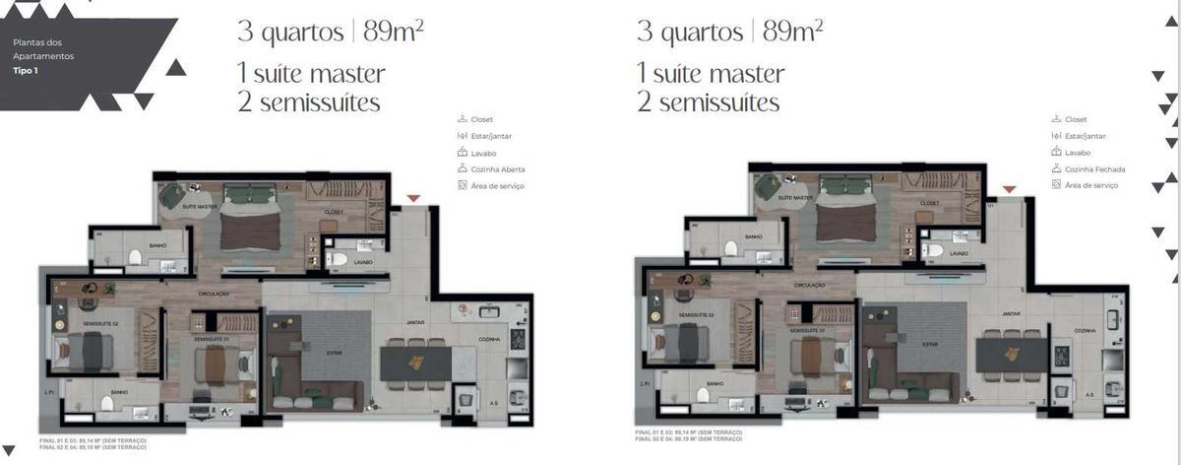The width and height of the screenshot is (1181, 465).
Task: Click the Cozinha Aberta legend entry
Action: [x=498, y=169]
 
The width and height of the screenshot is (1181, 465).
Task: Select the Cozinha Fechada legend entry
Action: [x=1093, y=169]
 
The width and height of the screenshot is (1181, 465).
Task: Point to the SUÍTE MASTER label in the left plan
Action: [x=200, y=207]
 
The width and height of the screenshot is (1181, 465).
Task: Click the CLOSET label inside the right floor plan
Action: [x=930, y=202]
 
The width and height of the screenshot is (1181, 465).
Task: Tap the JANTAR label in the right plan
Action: [x=1011, y=314]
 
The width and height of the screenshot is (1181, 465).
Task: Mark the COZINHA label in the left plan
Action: [x=488, y=338]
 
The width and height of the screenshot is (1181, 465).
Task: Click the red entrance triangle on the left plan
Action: [x=413, y=199]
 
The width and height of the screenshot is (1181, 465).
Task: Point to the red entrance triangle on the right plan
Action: [x=1009, y=189]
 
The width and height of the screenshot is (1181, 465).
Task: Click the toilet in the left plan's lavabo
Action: [x=339, y=259]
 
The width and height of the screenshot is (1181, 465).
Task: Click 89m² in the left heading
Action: [x=394, y=31]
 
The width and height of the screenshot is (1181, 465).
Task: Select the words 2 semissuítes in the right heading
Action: [x=708, y=102]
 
